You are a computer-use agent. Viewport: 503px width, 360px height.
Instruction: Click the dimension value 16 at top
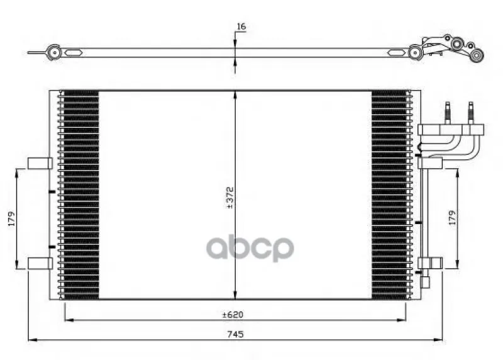pos(241,26)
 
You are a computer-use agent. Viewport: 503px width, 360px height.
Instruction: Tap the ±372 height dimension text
pos(230,198)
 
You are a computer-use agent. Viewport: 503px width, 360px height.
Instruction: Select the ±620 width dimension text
pos(233,315)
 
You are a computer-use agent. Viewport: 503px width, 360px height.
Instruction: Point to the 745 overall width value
pos(236,334)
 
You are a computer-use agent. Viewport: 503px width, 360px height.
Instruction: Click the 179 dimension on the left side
pos(12,218)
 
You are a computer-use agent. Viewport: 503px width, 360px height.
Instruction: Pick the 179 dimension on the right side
pos(452,217)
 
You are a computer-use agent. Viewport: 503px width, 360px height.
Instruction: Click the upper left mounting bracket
pos(40,163)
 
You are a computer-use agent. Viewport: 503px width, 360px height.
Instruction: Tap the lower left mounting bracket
pos(40,263)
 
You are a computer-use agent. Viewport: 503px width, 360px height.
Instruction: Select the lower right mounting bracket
pos(431,262)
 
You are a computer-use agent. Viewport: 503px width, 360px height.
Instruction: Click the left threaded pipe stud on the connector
pos(448,113)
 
